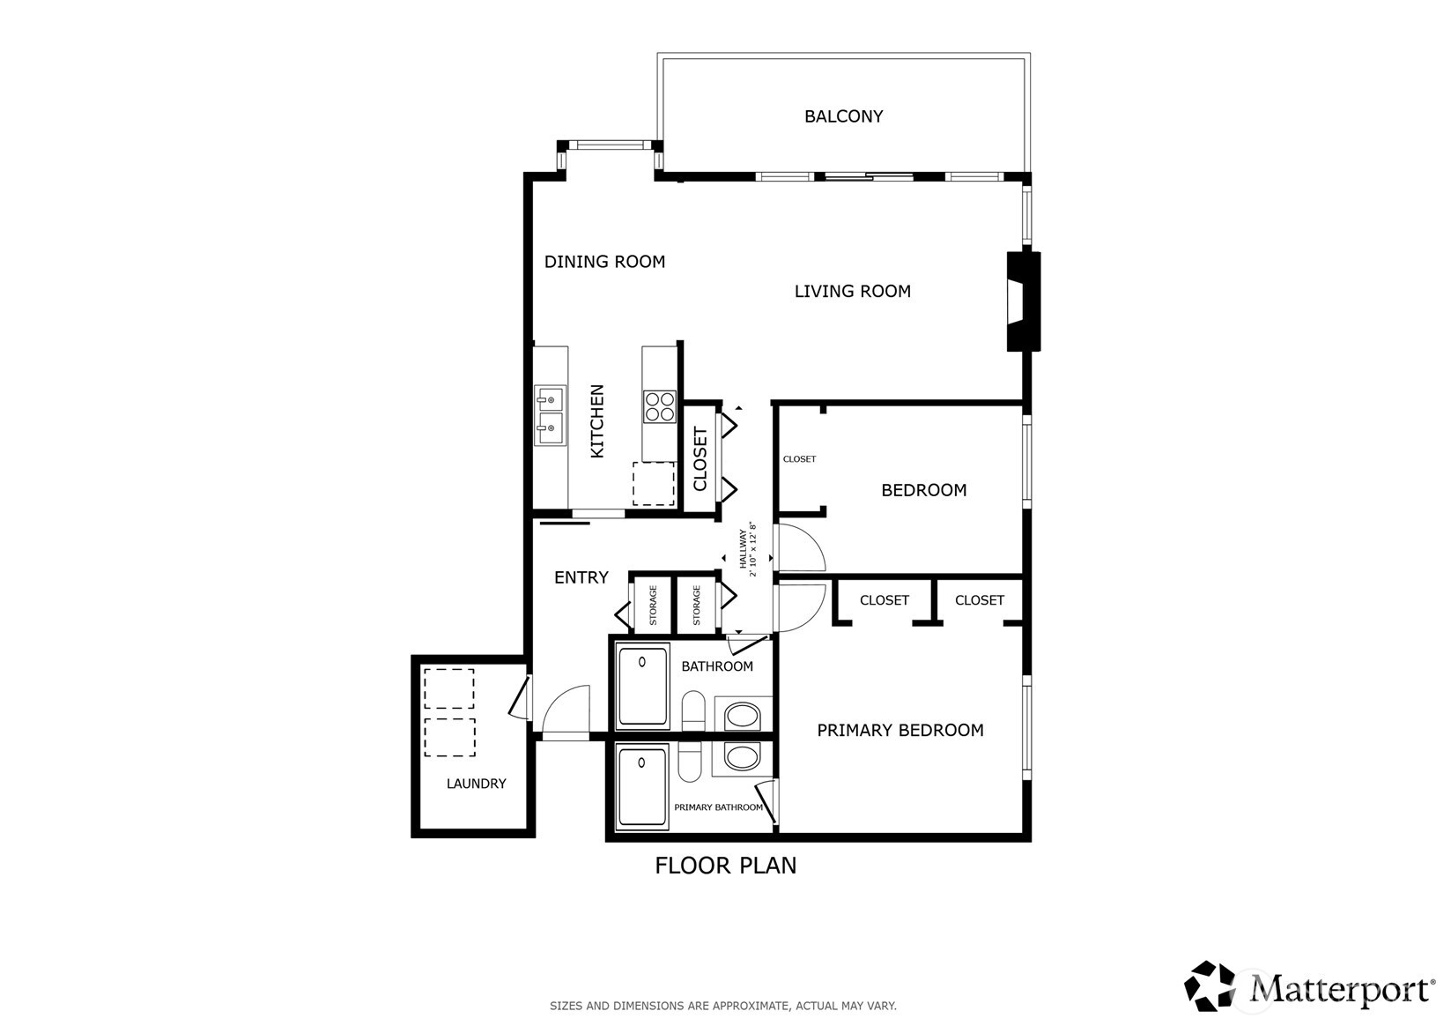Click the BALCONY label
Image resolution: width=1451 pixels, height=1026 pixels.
tap(843, 116)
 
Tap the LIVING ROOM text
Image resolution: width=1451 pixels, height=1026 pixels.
tap(852, 291)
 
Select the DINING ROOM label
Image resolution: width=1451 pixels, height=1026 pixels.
tap(604, 261)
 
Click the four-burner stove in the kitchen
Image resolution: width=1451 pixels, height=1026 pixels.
tap(659, 407)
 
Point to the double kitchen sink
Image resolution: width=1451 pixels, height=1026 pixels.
tap(550, 415)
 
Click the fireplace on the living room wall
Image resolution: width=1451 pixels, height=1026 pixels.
tap(1023, 301)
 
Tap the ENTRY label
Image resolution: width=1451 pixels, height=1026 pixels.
tap(581, 577)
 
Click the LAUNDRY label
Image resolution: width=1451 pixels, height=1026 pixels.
tap(476, 783)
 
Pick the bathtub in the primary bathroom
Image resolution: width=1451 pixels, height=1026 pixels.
tap(642, 786)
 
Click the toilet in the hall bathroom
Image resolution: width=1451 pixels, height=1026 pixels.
tap(693, 711)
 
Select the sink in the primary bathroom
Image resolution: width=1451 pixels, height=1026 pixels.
tap(742, 756)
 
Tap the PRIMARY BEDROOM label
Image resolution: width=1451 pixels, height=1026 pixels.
tap(899, 730)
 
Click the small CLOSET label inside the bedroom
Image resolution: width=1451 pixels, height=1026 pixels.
tap(799, 459)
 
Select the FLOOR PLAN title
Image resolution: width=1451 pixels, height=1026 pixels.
tap(725, 866)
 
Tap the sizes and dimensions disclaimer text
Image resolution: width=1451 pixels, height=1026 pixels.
tap(722, 1005)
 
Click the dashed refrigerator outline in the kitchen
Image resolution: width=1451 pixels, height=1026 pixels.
tap(653, 483)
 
